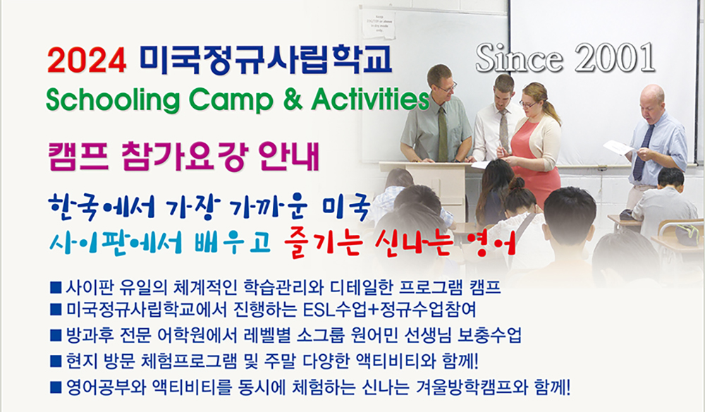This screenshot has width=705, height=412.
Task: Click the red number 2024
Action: (x=87, y=61)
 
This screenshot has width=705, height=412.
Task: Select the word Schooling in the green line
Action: (x=113, y=99)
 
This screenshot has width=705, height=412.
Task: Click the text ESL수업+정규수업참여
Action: (x=389, y=310)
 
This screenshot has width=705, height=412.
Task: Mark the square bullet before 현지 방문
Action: (x=56, y=360)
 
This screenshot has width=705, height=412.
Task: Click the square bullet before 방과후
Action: (x=56, y=335)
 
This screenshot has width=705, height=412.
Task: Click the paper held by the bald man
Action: (x=618, y=147)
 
